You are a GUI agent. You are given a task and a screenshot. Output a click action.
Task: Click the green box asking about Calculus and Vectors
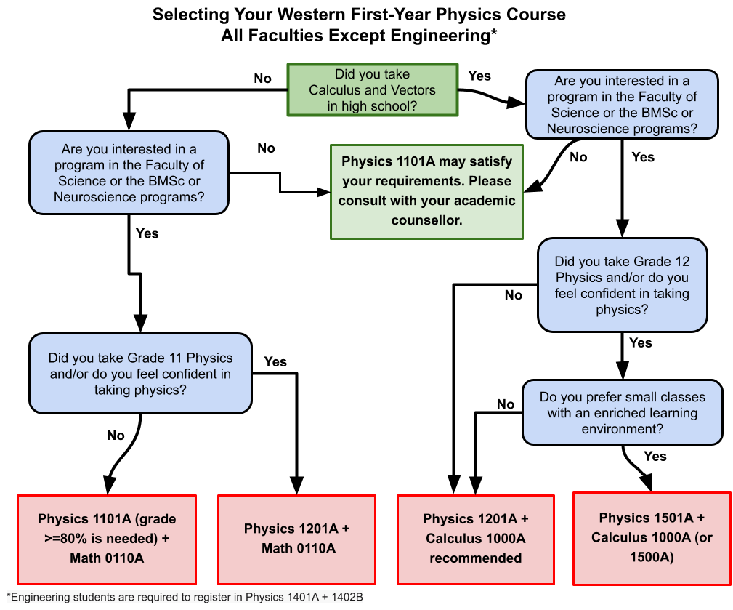(373, 90)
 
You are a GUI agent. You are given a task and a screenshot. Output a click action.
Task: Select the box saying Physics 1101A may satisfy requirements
(426, 191)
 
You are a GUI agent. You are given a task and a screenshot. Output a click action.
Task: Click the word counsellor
(426, 220)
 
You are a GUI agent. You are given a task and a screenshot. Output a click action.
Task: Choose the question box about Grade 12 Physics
(622, 285)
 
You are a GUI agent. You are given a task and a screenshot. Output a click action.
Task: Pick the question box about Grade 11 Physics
(140, 374)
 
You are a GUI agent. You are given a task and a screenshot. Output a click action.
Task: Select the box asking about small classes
(622, 413)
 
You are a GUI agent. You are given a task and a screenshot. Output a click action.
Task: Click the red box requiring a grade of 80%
(107, 539)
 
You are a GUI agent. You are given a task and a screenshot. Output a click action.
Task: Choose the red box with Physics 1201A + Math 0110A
(296, 539)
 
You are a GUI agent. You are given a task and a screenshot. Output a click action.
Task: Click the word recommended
(475, 558)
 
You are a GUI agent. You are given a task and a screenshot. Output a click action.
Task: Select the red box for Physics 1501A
(652, 538)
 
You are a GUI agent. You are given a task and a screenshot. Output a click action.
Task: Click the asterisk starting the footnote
(9, 595)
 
